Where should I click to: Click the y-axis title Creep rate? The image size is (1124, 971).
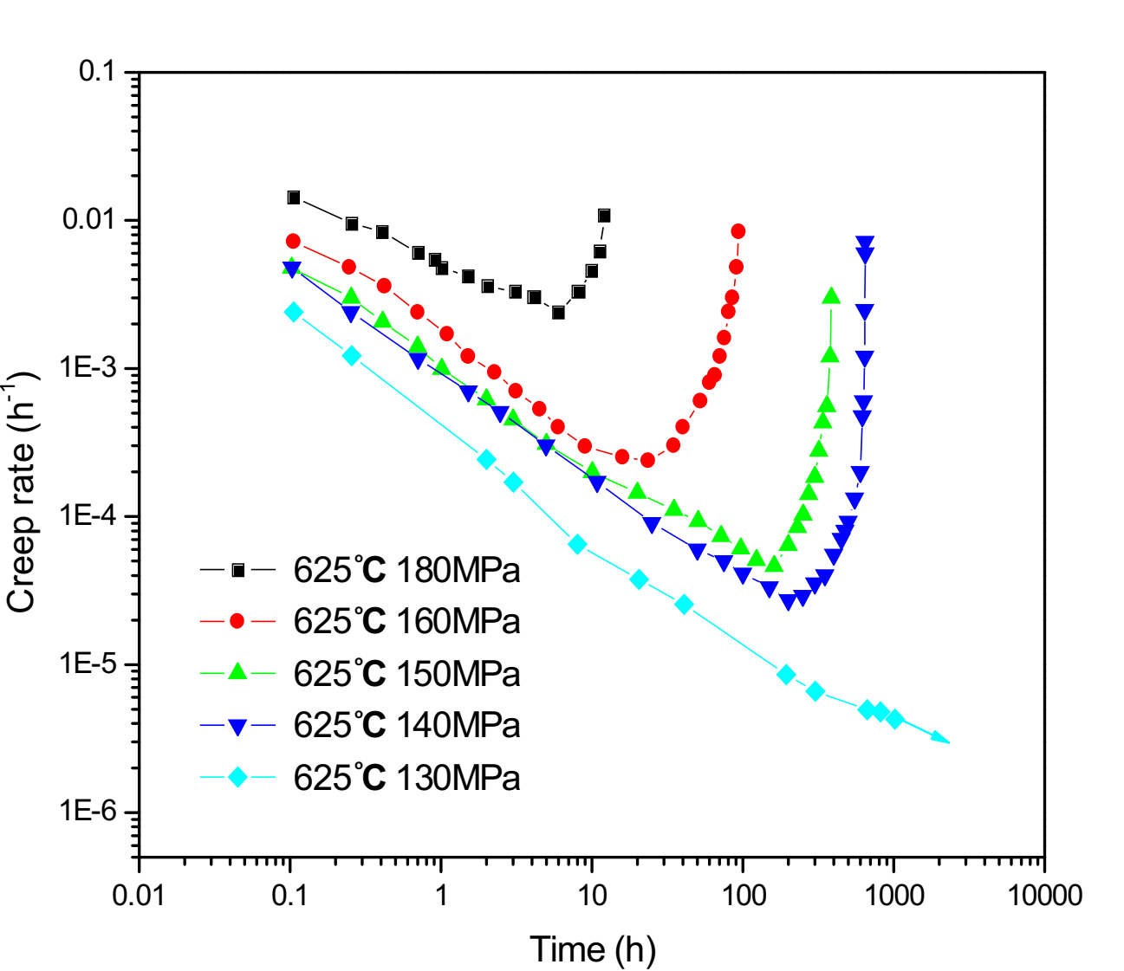coord(23,493)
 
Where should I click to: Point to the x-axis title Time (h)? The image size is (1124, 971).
coord(593,949)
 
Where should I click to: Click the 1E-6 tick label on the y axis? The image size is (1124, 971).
coord(88,812)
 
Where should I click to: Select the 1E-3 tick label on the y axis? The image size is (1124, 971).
coord(88,368)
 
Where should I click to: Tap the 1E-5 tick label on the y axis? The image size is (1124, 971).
coord(88,664)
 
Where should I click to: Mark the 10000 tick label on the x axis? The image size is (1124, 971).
coord(1043,895)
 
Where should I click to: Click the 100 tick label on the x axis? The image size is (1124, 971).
coord(743,895)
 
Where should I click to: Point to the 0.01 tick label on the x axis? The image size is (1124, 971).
coord(139,895)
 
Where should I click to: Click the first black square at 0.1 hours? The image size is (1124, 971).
coord(294,197)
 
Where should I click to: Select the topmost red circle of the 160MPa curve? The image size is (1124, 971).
coord(738,231)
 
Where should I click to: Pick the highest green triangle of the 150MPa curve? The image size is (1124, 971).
coord(832,297)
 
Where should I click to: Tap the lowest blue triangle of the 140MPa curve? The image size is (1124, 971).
coord(788,602)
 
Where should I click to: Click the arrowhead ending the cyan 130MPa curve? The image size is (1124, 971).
coord(941,738)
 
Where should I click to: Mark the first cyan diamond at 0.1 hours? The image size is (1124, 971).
coord(294,312)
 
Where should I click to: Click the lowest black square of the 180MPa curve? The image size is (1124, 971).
coord(558,313)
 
